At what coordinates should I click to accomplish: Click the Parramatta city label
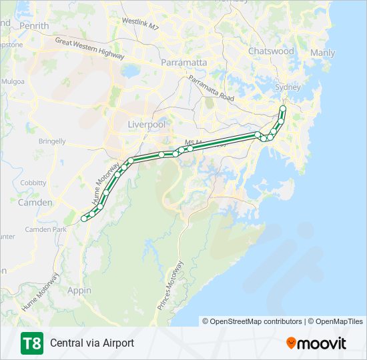pos(184,62)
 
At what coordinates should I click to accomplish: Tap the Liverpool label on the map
pos(146,125)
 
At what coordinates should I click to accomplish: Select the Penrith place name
pos(35,26)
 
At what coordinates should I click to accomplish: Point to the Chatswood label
pos(271,51)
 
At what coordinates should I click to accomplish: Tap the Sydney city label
pos(288,87)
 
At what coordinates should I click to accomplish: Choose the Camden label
pos(35,202)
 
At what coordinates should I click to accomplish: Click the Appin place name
pos(79,291)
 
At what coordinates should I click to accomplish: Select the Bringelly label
pos(52,141)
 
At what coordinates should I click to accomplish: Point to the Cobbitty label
pos(33,183)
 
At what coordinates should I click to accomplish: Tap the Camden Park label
pos(46,229)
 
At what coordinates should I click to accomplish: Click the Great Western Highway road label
pos(89,49)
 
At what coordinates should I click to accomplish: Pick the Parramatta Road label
pos(212,89)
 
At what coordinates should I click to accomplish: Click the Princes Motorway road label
pos(170,285)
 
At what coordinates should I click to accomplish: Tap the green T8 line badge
pos(32,343)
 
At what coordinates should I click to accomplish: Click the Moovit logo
pos(316,343)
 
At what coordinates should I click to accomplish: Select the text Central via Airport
pos(92,343)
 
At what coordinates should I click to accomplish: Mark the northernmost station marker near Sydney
pos(283,108)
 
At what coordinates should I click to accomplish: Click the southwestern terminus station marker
pos(84,219)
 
